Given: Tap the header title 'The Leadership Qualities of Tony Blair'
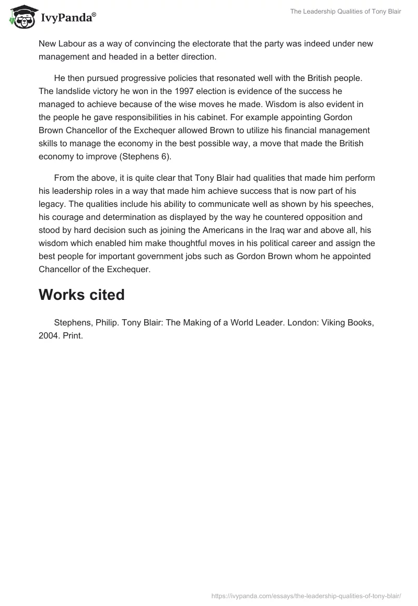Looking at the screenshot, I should (x=345, y=11).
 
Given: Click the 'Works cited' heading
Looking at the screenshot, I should (x=82, y=295).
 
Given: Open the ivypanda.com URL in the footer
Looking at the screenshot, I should (x=306, y=595).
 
